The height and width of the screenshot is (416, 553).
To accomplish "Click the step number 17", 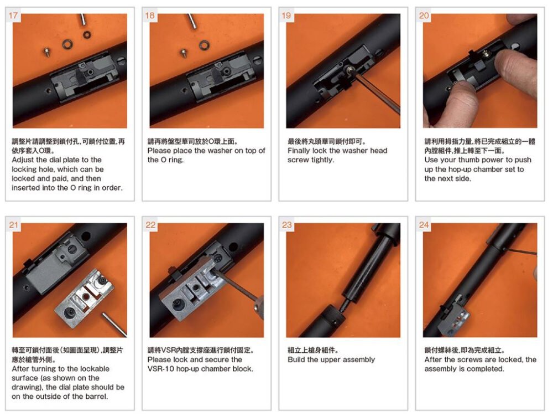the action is [x=13, y=16].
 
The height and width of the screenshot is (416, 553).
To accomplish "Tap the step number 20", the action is [x=424, y=16].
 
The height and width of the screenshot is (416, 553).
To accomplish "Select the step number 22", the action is [x=150, y=225].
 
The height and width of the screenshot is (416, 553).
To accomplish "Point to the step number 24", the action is [x=424, y=225].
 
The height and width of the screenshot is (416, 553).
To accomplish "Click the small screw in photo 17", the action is [x=46, y=52].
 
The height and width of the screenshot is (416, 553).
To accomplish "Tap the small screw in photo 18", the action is [x=184, y=53].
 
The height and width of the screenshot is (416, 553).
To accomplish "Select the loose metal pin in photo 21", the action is [x=114, y=324].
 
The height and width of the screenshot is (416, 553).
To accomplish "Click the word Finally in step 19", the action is [x=299, y=151].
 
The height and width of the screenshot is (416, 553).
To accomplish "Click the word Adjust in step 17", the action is [x=23, y=160].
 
